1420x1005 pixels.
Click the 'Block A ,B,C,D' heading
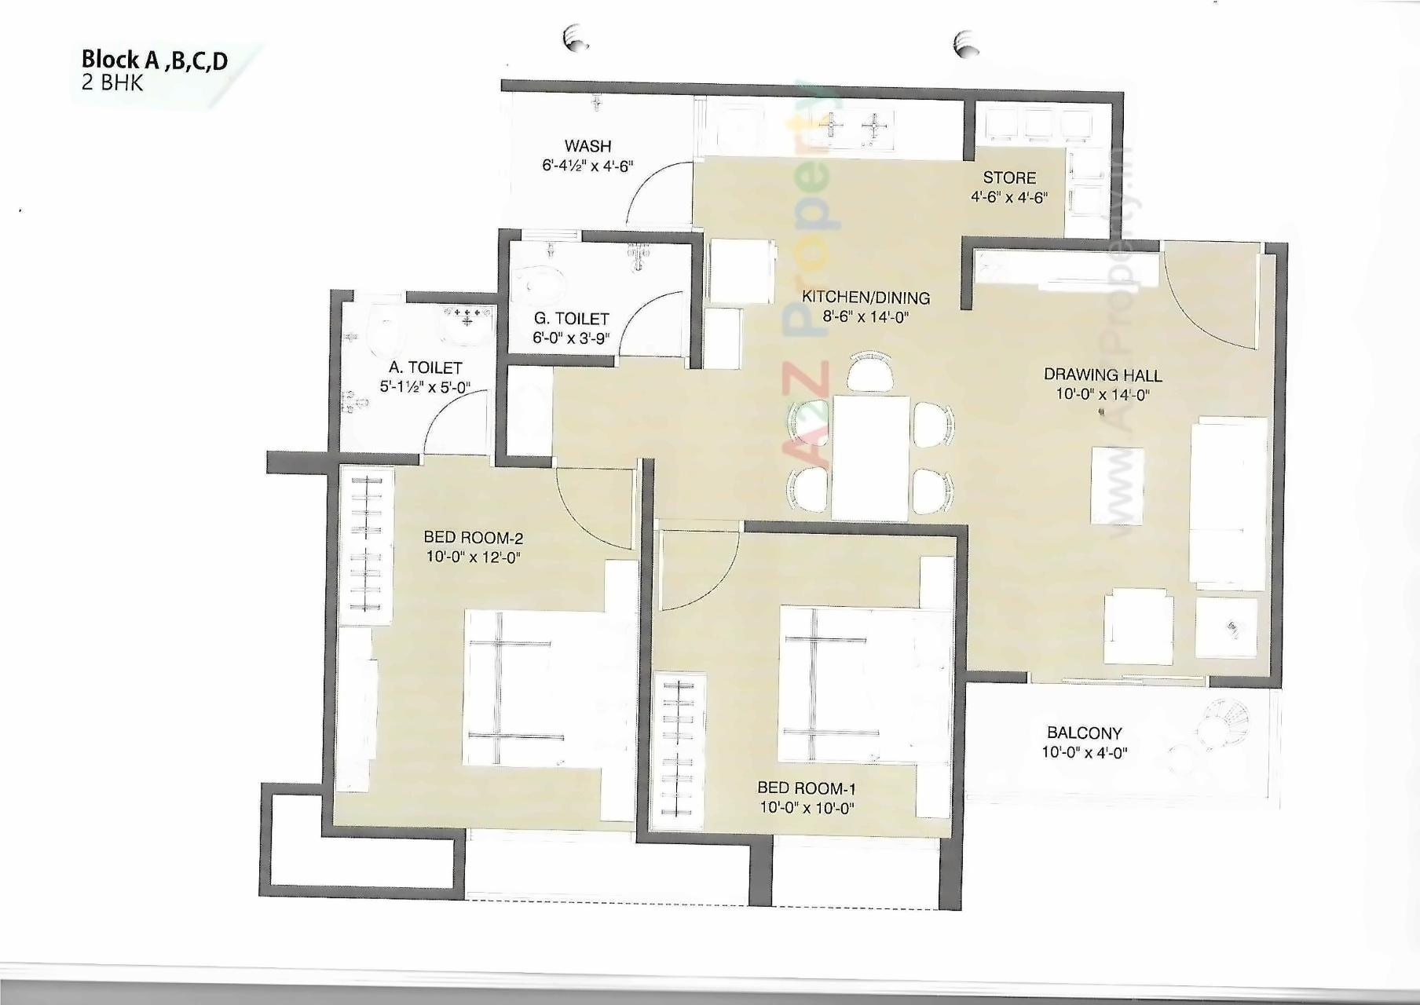(x=155, y=60)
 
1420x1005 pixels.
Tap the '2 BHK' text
(x=112, y=83)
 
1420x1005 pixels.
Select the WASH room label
(x=587, y=146)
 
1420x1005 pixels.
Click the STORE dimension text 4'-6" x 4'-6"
(x=1009, y=197)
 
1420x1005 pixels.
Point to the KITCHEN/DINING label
(x=866, y=298)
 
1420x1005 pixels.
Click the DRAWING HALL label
(x=1103, y=375)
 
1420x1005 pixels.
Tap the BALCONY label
(x=1084, y=733)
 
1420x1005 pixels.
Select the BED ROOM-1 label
(x=807, y=788)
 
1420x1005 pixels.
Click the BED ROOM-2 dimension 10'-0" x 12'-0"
(x=473, y=557)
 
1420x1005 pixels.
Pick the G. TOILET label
(x=571, y=319)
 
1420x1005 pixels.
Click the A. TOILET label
(x=425, y=367)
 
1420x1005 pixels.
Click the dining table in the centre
(x=870, y=457)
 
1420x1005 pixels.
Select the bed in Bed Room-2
(x=534, y=689)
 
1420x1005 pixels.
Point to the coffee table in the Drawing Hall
(x=1117, y=485)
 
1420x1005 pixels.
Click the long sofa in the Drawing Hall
(x=1228, y=502)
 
